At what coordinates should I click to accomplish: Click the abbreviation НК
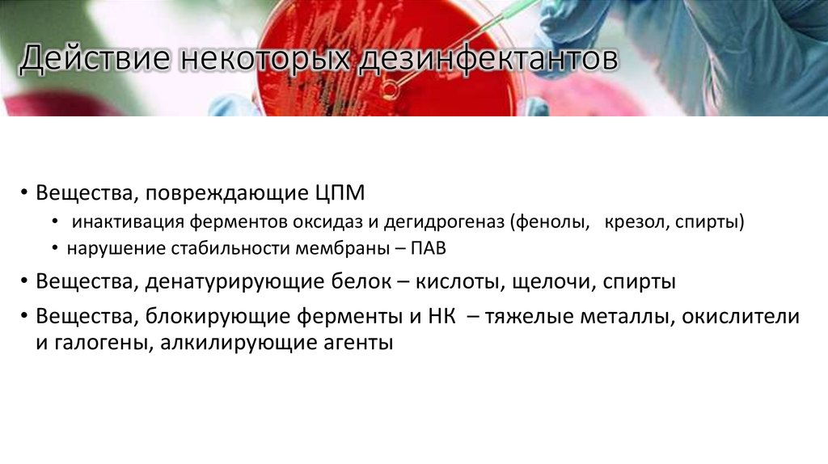click(x=438, y=317)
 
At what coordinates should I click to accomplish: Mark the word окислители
click(x=741, y=317)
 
